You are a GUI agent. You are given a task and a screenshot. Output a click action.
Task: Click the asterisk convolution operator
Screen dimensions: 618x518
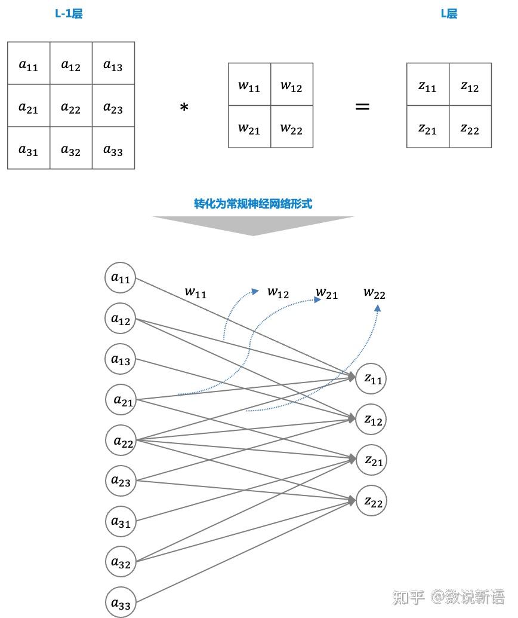(184, 108)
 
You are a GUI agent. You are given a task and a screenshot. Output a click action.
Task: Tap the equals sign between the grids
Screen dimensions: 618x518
(362, 107)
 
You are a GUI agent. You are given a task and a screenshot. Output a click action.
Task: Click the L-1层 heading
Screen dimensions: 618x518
(69, 14)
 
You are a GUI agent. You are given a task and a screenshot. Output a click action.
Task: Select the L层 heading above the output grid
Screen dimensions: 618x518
(449, 14)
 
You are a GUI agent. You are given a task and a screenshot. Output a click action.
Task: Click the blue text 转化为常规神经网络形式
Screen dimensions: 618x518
(253, 204)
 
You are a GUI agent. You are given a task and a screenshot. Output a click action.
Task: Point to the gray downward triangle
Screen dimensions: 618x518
(253, 225)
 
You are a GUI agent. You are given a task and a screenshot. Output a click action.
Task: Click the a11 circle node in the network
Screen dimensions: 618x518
(121, 278)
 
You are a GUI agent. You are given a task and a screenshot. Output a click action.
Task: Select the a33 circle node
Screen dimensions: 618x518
(121, 603)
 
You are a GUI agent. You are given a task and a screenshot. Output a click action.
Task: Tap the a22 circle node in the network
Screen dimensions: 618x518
(122, 440)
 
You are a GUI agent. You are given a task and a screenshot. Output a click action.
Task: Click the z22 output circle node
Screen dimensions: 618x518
(371, 500)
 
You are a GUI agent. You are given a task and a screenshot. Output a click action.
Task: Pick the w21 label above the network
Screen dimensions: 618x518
(326, 293)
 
